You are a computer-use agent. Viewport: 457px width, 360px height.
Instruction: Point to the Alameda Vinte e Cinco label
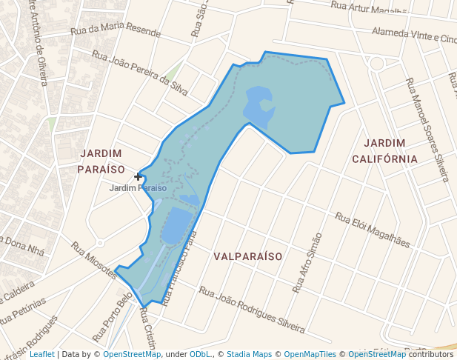[414, 36]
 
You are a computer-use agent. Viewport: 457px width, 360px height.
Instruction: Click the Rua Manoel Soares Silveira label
[427, 130]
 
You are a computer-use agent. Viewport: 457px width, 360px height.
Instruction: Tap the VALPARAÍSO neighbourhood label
[248, 256]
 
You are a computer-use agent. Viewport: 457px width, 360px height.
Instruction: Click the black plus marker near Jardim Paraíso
[139, 176]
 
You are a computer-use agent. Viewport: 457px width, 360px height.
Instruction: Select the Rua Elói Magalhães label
[372, 230]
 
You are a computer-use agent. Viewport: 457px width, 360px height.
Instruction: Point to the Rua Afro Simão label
[307, 263]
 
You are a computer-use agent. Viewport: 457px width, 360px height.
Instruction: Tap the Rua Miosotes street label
[94, 260]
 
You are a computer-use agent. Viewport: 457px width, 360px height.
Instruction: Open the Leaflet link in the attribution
[41, 355]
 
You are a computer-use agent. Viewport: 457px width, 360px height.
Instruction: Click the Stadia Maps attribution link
[249, 355]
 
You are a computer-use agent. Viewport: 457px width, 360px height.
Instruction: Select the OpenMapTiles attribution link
[310, 355]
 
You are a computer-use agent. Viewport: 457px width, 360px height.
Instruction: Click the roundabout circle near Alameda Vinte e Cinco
[376, 64]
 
